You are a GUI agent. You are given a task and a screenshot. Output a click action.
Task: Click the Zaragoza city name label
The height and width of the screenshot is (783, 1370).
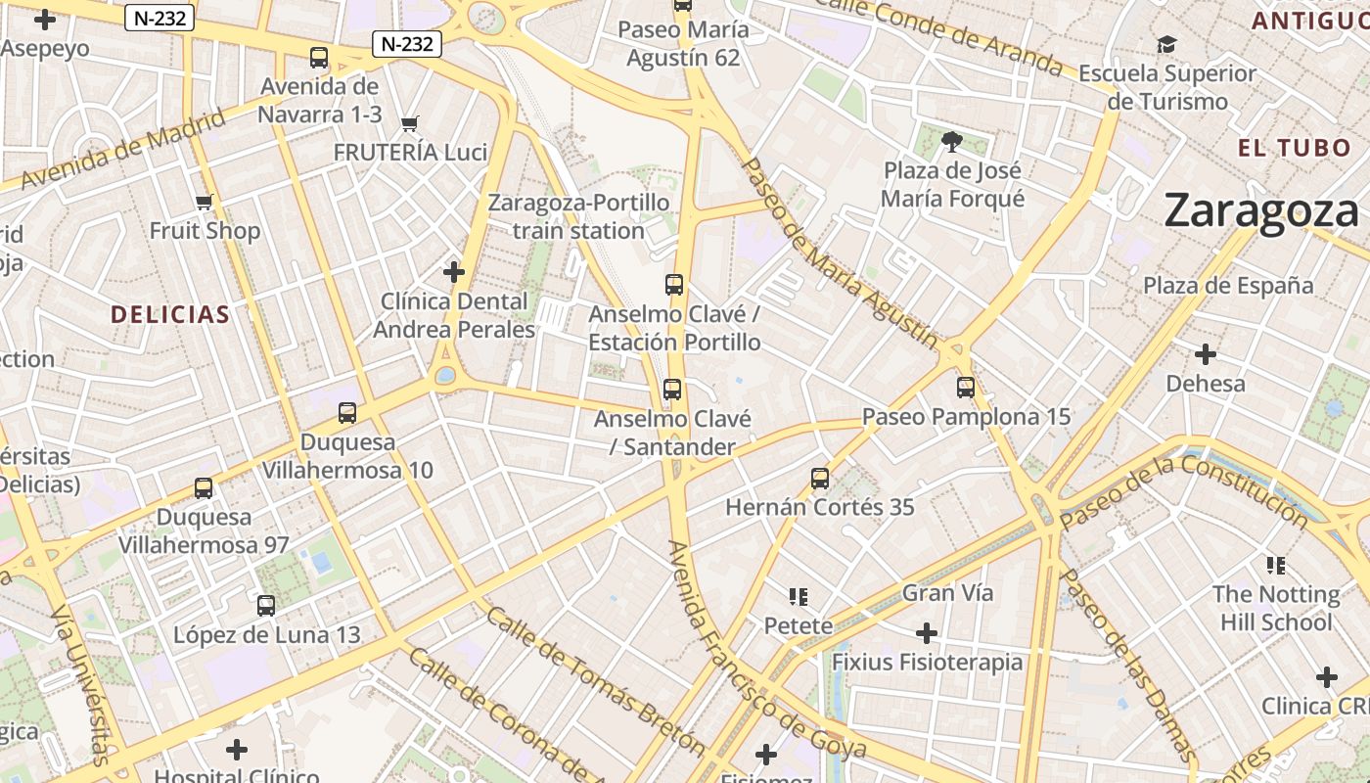point(1261,210)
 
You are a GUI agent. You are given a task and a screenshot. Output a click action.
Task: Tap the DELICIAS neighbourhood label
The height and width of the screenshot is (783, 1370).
point(170,314)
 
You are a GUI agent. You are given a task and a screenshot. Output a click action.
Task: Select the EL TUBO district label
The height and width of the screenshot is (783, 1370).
point(1294,149)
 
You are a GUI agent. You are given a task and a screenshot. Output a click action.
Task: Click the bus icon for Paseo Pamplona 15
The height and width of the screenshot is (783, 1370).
point(966,388)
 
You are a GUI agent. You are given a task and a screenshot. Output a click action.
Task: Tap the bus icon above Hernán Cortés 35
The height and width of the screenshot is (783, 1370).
point(820,479)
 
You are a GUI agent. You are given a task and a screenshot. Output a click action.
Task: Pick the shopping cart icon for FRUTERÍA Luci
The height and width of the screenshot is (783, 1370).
point(410,123)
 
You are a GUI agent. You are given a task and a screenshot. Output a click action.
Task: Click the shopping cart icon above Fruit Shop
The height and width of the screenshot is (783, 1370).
point(205,203)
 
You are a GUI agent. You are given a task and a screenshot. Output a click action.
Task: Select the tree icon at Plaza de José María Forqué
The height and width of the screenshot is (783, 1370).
point(951,143)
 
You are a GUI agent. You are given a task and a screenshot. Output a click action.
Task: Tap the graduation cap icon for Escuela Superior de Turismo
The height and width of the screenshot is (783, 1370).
point(1166,45)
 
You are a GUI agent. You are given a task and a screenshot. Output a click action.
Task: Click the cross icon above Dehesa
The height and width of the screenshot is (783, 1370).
point(1206,354)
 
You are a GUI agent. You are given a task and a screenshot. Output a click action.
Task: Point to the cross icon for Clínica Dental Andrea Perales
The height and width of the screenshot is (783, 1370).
point(454,272)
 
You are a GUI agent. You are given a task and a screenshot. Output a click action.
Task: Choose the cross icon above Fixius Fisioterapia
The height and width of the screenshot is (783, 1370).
point(926,633)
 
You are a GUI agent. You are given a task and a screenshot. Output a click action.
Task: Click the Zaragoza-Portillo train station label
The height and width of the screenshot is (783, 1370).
point(578,216)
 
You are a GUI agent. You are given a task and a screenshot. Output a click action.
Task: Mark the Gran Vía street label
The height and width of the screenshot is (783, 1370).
point(946,592)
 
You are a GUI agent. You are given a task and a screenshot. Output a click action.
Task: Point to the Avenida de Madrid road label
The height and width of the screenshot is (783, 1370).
point(122,150)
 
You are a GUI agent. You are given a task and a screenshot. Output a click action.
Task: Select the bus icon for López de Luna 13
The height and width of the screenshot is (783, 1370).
point(266,606)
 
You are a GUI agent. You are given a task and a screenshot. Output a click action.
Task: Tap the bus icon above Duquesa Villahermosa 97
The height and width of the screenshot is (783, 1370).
point(204,487)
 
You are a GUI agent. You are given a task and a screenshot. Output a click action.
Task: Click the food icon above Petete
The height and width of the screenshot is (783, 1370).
point(799,596)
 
